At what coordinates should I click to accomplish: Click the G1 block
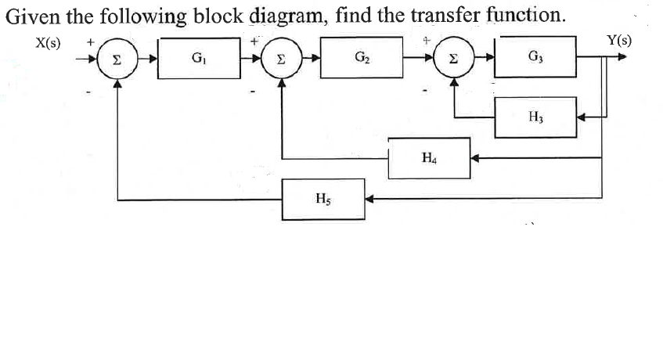point(199,59)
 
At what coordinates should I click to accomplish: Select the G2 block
point(362,59)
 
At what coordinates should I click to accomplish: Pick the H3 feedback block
point(535,117)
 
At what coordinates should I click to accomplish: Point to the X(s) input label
point(50,41)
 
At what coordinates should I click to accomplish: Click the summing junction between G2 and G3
point(455,58)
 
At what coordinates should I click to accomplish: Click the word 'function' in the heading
point(521,16)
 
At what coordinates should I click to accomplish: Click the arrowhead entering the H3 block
point(582,117)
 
